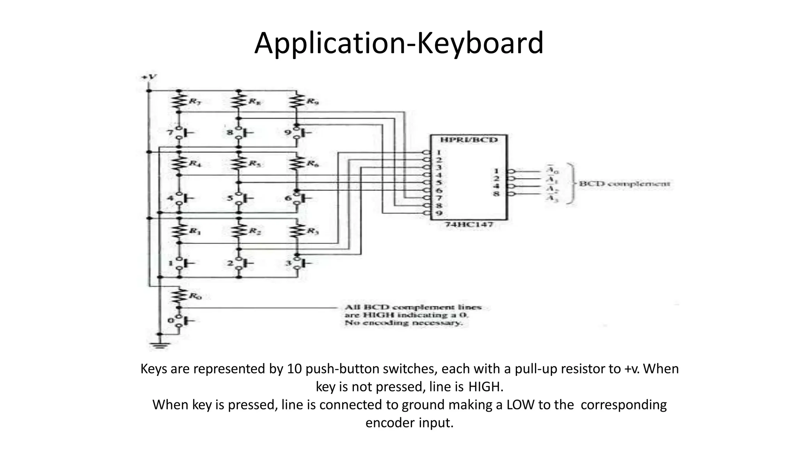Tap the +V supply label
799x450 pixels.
pyautogui.click(x=149, y=77)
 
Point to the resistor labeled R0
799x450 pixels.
pyautogui.click(x=179, y=296)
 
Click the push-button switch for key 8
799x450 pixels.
pyautogui.click(x=240, y=133)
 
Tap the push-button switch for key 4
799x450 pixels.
pyautogui.click(x=180, y=198)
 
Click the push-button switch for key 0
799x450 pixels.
pyautogui.click(x=180, y=321)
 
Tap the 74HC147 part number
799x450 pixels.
pyautogui.click(x=469, y=225)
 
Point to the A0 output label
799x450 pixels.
pyautogui.click(x=552, y=171)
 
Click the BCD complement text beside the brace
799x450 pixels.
pyautogui.click(x=624, y=184)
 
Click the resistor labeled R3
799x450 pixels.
pyautogui.click(x=297, y=230)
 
